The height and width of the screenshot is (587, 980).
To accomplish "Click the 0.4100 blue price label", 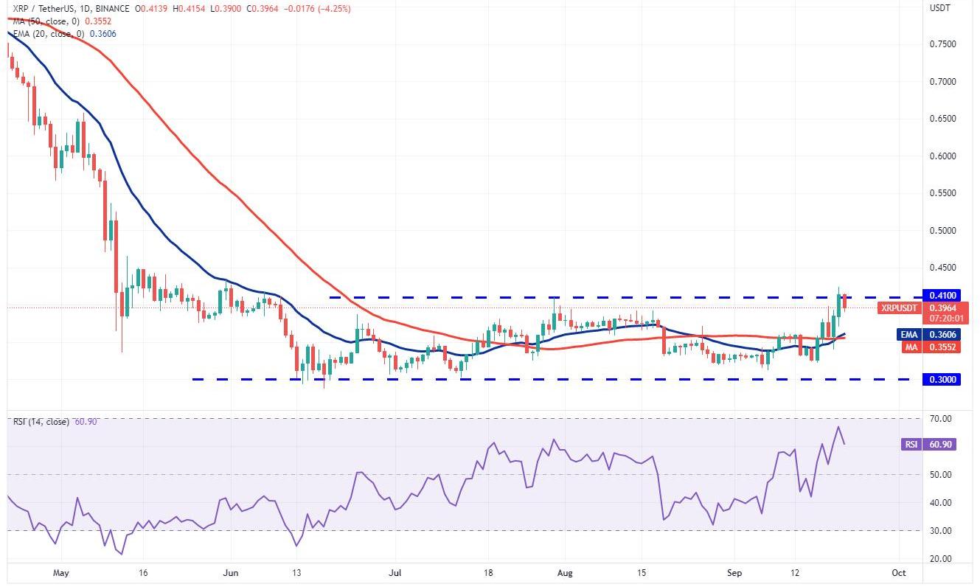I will click(940, 295).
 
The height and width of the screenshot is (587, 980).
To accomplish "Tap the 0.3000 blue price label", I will click(940, 379).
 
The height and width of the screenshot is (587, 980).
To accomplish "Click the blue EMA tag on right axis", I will click(908, 334).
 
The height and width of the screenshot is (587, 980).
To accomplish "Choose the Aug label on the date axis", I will click(565, 572).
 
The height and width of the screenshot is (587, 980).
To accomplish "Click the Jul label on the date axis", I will click(395, 572).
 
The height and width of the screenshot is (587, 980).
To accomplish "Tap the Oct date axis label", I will click(898, 572).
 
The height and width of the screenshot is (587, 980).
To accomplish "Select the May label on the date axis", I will click(62, 572).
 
